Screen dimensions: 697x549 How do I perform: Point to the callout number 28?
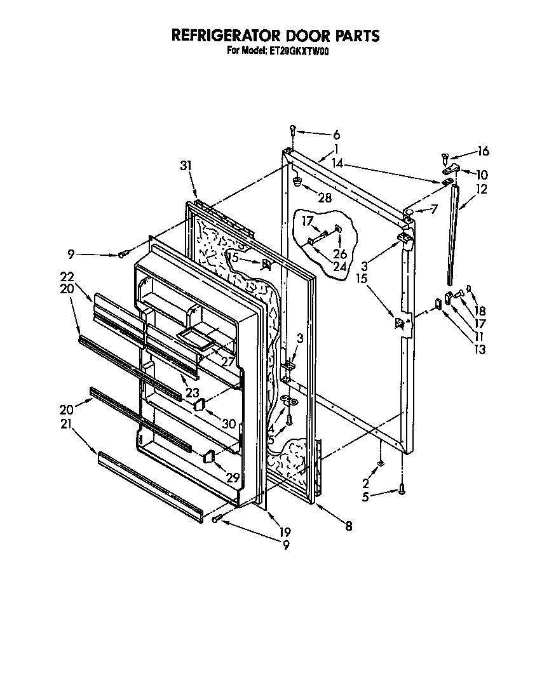[x=325, y=199]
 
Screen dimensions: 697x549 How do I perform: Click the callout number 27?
[x=226, y=362]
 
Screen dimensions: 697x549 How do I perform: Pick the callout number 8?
[x=348, y=526]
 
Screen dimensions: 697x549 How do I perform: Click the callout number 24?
[x=339, y=267]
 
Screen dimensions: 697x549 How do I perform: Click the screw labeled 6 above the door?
[x=293, y=129]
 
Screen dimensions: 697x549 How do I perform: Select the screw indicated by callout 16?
[x=444, y=156]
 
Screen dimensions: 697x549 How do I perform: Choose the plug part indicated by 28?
[x=297, y=182]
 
